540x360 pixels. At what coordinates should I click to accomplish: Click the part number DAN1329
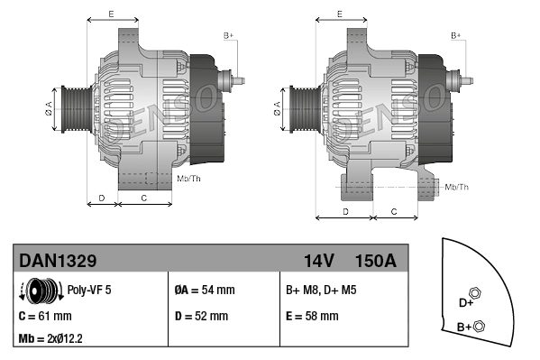point(58,261)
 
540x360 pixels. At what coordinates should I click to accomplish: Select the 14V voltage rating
point(318,261)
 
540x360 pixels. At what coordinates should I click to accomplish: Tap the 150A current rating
point(376,261)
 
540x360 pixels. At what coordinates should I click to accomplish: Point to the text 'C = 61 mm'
point(45,316)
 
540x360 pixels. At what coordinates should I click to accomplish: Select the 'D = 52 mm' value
point(200,316)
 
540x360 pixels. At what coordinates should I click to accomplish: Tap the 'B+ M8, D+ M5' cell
point(320,291)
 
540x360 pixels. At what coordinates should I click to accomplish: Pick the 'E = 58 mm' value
point(312,316)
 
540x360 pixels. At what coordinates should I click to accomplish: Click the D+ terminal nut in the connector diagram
point(476,293)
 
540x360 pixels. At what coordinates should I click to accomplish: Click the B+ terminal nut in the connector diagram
point(479,326)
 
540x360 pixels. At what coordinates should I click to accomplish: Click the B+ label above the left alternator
point(228,35)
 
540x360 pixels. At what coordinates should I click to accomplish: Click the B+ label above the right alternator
point(456,35)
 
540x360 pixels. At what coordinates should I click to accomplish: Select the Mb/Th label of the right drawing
point(457,187)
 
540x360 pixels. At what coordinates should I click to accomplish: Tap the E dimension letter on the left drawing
point(110,14)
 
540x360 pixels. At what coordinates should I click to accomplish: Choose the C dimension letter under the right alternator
point(394,211)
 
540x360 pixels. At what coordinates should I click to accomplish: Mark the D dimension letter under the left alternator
point(102,197)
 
